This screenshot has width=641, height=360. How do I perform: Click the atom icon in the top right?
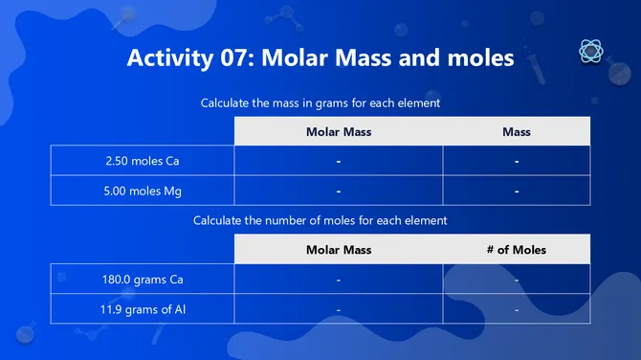click(590, 53)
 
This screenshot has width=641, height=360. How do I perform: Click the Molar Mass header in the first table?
click(339, 131)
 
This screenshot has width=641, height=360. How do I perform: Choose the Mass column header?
click(517, 131)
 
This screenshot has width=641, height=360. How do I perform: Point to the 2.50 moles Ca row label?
click(142, 161)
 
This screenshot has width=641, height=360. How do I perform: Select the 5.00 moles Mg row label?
click(142, 191)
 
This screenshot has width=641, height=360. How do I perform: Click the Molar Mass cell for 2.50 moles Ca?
click(339, 161)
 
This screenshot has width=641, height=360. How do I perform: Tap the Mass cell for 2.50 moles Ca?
click(517, 161)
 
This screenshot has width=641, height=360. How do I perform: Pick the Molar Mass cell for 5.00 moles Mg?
click(339, 191)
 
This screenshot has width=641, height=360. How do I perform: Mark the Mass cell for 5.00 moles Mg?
click(517, 191)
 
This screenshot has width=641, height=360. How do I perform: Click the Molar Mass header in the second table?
click(339, 250)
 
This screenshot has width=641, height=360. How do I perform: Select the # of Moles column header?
click(517, 250)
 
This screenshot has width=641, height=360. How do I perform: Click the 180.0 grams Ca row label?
click(142, 280)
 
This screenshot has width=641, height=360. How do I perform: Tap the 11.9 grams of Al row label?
click(142, 309)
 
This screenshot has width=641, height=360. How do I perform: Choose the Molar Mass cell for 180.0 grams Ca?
click(339, 280)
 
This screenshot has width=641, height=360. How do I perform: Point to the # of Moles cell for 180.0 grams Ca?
click(517, 280)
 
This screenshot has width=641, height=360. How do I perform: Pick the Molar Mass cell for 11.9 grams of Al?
click(339, 309)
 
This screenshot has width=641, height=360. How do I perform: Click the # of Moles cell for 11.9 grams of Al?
click(517, 309)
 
